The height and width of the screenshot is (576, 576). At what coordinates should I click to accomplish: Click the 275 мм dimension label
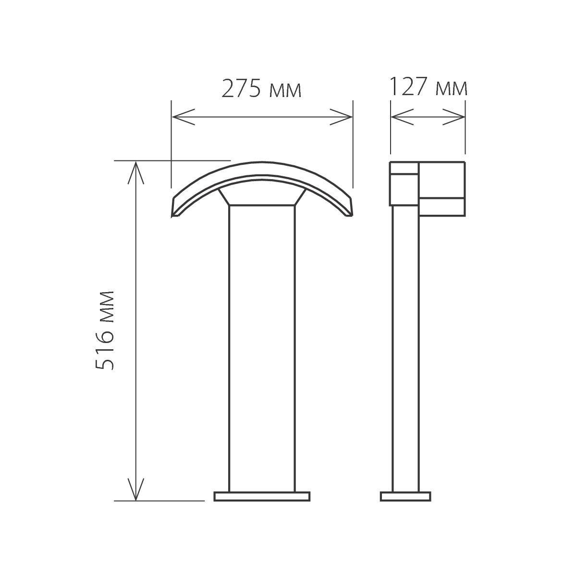262,89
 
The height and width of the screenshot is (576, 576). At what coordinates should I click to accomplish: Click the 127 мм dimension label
427,88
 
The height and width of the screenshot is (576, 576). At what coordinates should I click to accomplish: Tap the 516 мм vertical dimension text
105,330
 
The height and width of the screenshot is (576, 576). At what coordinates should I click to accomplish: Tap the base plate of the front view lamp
262,496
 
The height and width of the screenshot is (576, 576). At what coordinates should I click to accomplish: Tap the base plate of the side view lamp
405,496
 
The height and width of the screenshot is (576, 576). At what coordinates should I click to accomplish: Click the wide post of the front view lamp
262,346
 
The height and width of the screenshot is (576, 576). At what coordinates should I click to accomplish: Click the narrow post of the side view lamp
405,346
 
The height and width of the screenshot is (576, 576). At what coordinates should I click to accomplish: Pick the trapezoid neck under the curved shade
262,197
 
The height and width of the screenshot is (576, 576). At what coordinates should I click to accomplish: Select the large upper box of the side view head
442,180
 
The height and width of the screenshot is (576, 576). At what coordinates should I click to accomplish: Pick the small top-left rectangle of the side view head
404,168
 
